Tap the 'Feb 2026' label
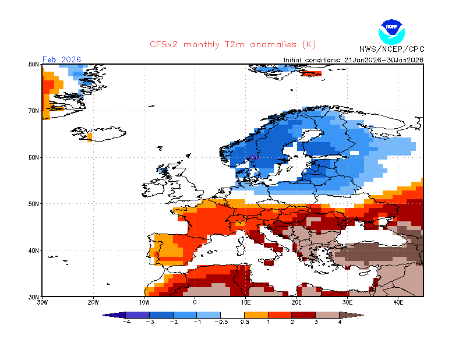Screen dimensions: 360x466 point(62,59)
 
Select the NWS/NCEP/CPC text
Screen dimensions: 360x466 point(391,49)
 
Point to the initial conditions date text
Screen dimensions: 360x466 point(354,59)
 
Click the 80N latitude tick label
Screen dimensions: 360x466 point(34,64)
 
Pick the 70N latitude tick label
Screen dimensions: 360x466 point(34,111)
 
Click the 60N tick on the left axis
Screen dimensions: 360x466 point(34,157)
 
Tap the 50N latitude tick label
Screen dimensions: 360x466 point(34,204)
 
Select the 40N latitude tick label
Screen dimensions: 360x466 point(34,250)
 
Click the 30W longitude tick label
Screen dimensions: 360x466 point(42,302)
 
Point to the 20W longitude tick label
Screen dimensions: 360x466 point(93,302)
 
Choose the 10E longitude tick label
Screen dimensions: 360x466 point(246,302)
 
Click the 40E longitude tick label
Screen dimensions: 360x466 point(398,302)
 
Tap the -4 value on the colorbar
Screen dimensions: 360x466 point(125,322)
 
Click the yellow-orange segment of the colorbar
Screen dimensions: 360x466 point(257,315)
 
